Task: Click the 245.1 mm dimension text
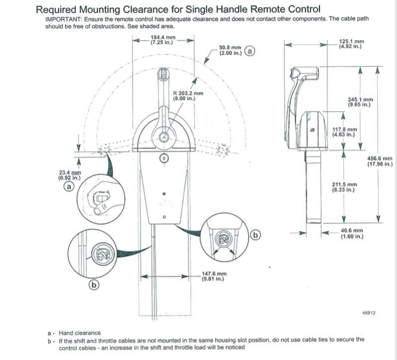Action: point(361,102)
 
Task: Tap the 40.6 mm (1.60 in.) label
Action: point(352,233)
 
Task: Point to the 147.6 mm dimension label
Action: point(214,276)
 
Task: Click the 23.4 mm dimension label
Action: point(68,175)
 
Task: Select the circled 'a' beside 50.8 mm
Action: point(250,51)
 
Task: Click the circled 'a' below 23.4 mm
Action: point(69,187)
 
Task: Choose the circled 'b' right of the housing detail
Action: point(255,235)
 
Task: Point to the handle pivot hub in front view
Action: point(163,135)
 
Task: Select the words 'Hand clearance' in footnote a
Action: point(79,333)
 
